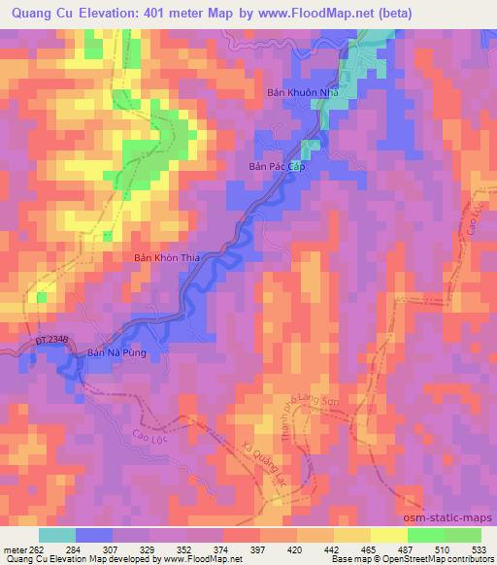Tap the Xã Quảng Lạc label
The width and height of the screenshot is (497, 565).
tap(262, 467)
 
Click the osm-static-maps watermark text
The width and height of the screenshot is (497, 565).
tap(448, 518)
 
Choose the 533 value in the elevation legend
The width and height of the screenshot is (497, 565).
tap(479, 546)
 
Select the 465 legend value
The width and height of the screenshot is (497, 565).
tap(369, 546)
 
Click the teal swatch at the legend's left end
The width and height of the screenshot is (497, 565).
tap(57, 534)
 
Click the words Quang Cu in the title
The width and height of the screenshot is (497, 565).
tap(45, 13)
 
